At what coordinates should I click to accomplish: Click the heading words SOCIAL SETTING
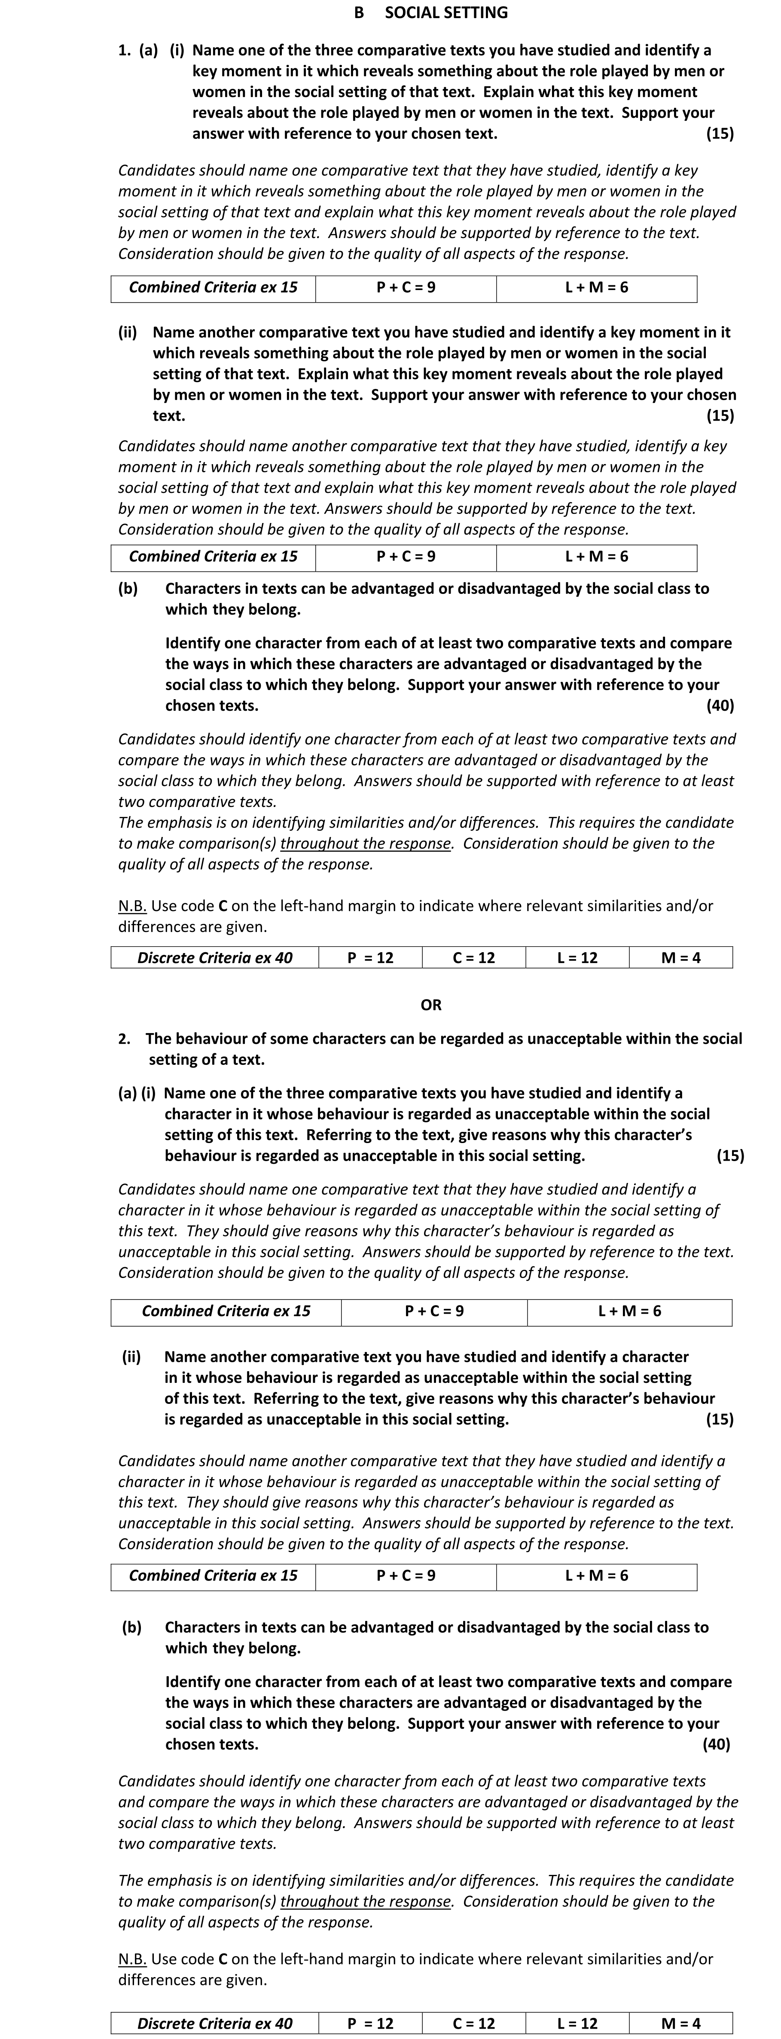coord(446,12)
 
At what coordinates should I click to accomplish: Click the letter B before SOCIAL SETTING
coord(359,12)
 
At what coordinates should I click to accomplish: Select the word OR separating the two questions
coord(431,1005)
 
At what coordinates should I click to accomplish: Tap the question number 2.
coord(124,1039)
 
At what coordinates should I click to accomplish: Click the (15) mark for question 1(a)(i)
coord(719,134)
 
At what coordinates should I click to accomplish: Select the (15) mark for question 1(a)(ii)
coord(719,416)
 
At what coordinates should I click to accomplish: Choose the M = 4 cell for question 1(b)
coord(680,958)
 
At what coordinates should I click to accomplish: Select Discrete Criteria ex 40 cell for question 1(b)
coord(214,958)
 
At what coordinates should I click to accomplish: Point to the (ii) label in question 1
coord(128,333)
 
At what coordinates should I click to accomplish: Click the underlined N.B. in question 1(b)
coord(132,906)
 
